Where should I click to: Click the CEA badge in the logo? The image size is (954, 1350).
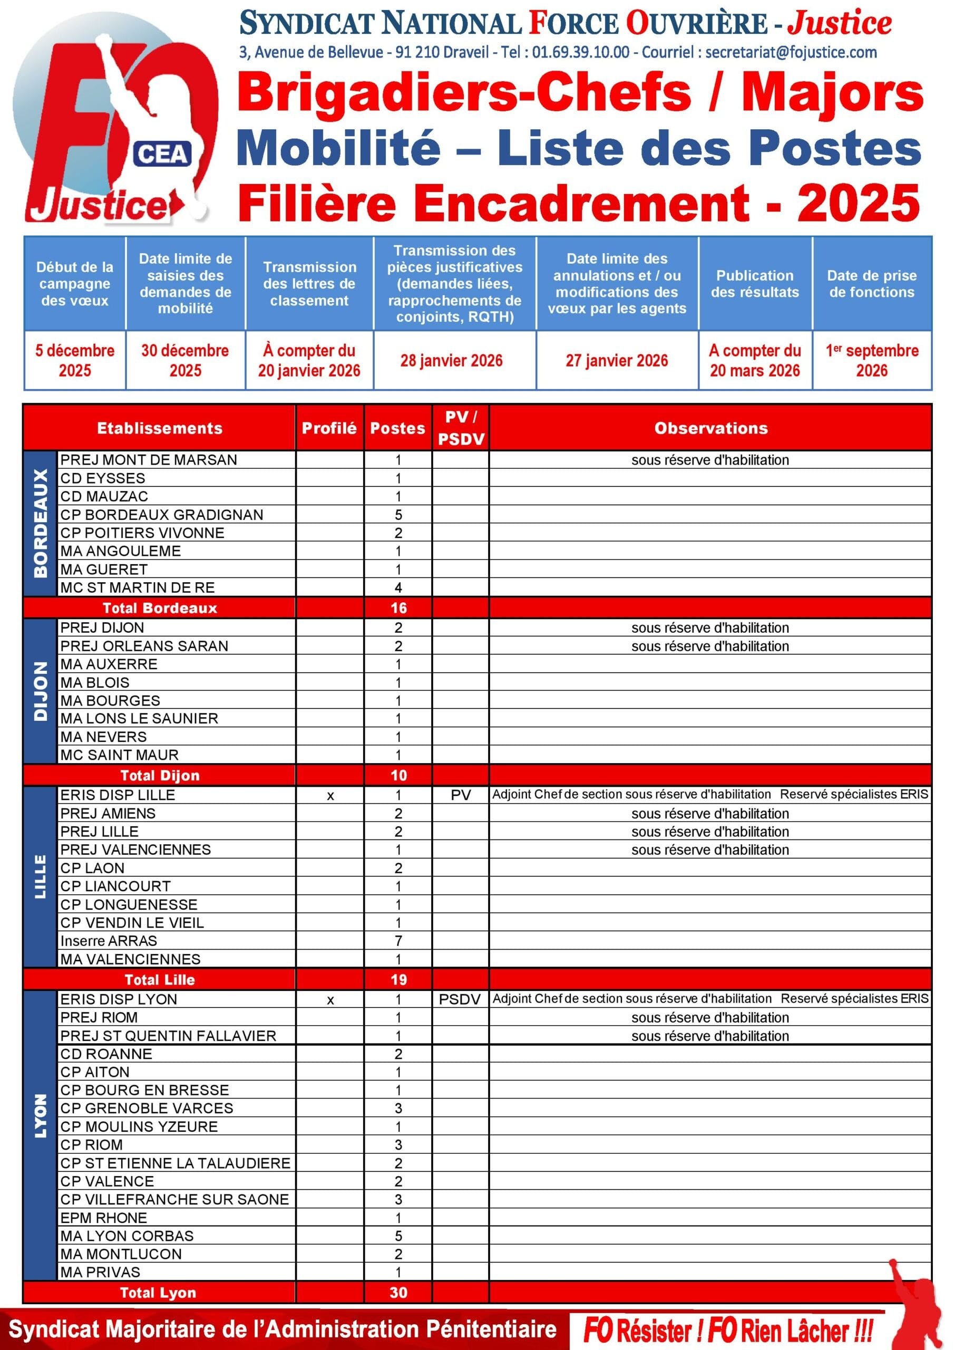click(163, 154)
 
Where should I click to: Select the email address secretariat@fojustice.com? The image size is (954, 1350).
click(791, 52)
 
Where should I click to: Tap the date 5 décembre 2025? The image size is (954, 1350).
click(75, 360)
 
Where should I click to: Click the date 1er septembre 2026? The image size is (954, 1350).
click(872, 360)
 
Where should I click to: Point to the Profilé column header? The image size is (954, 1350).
click(329, 428)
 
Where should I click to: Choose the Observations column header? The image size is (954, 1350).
click(710, 428)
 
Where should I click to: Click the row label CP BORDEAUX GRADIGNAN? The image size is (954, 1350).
click(162, 515)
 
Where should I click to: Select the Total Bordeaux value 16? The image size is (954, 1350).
click(398, 608)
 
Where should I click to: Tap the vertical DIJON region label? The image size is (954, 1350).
click(41, 691)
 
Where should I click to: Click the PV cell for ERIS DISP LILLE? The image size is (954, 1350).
click(461, 795)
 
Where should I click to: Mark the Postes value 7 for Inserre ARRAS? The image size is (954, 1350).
click(398, 941)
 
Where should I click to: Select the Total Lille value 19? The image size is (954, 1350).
click(398, 980)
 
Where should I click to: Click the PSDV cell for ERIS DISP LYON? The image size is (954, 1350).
click(460, 999)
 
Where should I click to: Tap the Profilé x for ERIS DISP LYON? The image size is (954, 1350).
click(330, 999)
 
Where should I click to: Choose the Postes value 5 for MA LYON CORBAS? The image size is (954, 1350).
click(398, 1236)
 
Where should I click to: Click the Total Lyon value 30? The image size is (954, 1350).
click(398, 1293)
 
